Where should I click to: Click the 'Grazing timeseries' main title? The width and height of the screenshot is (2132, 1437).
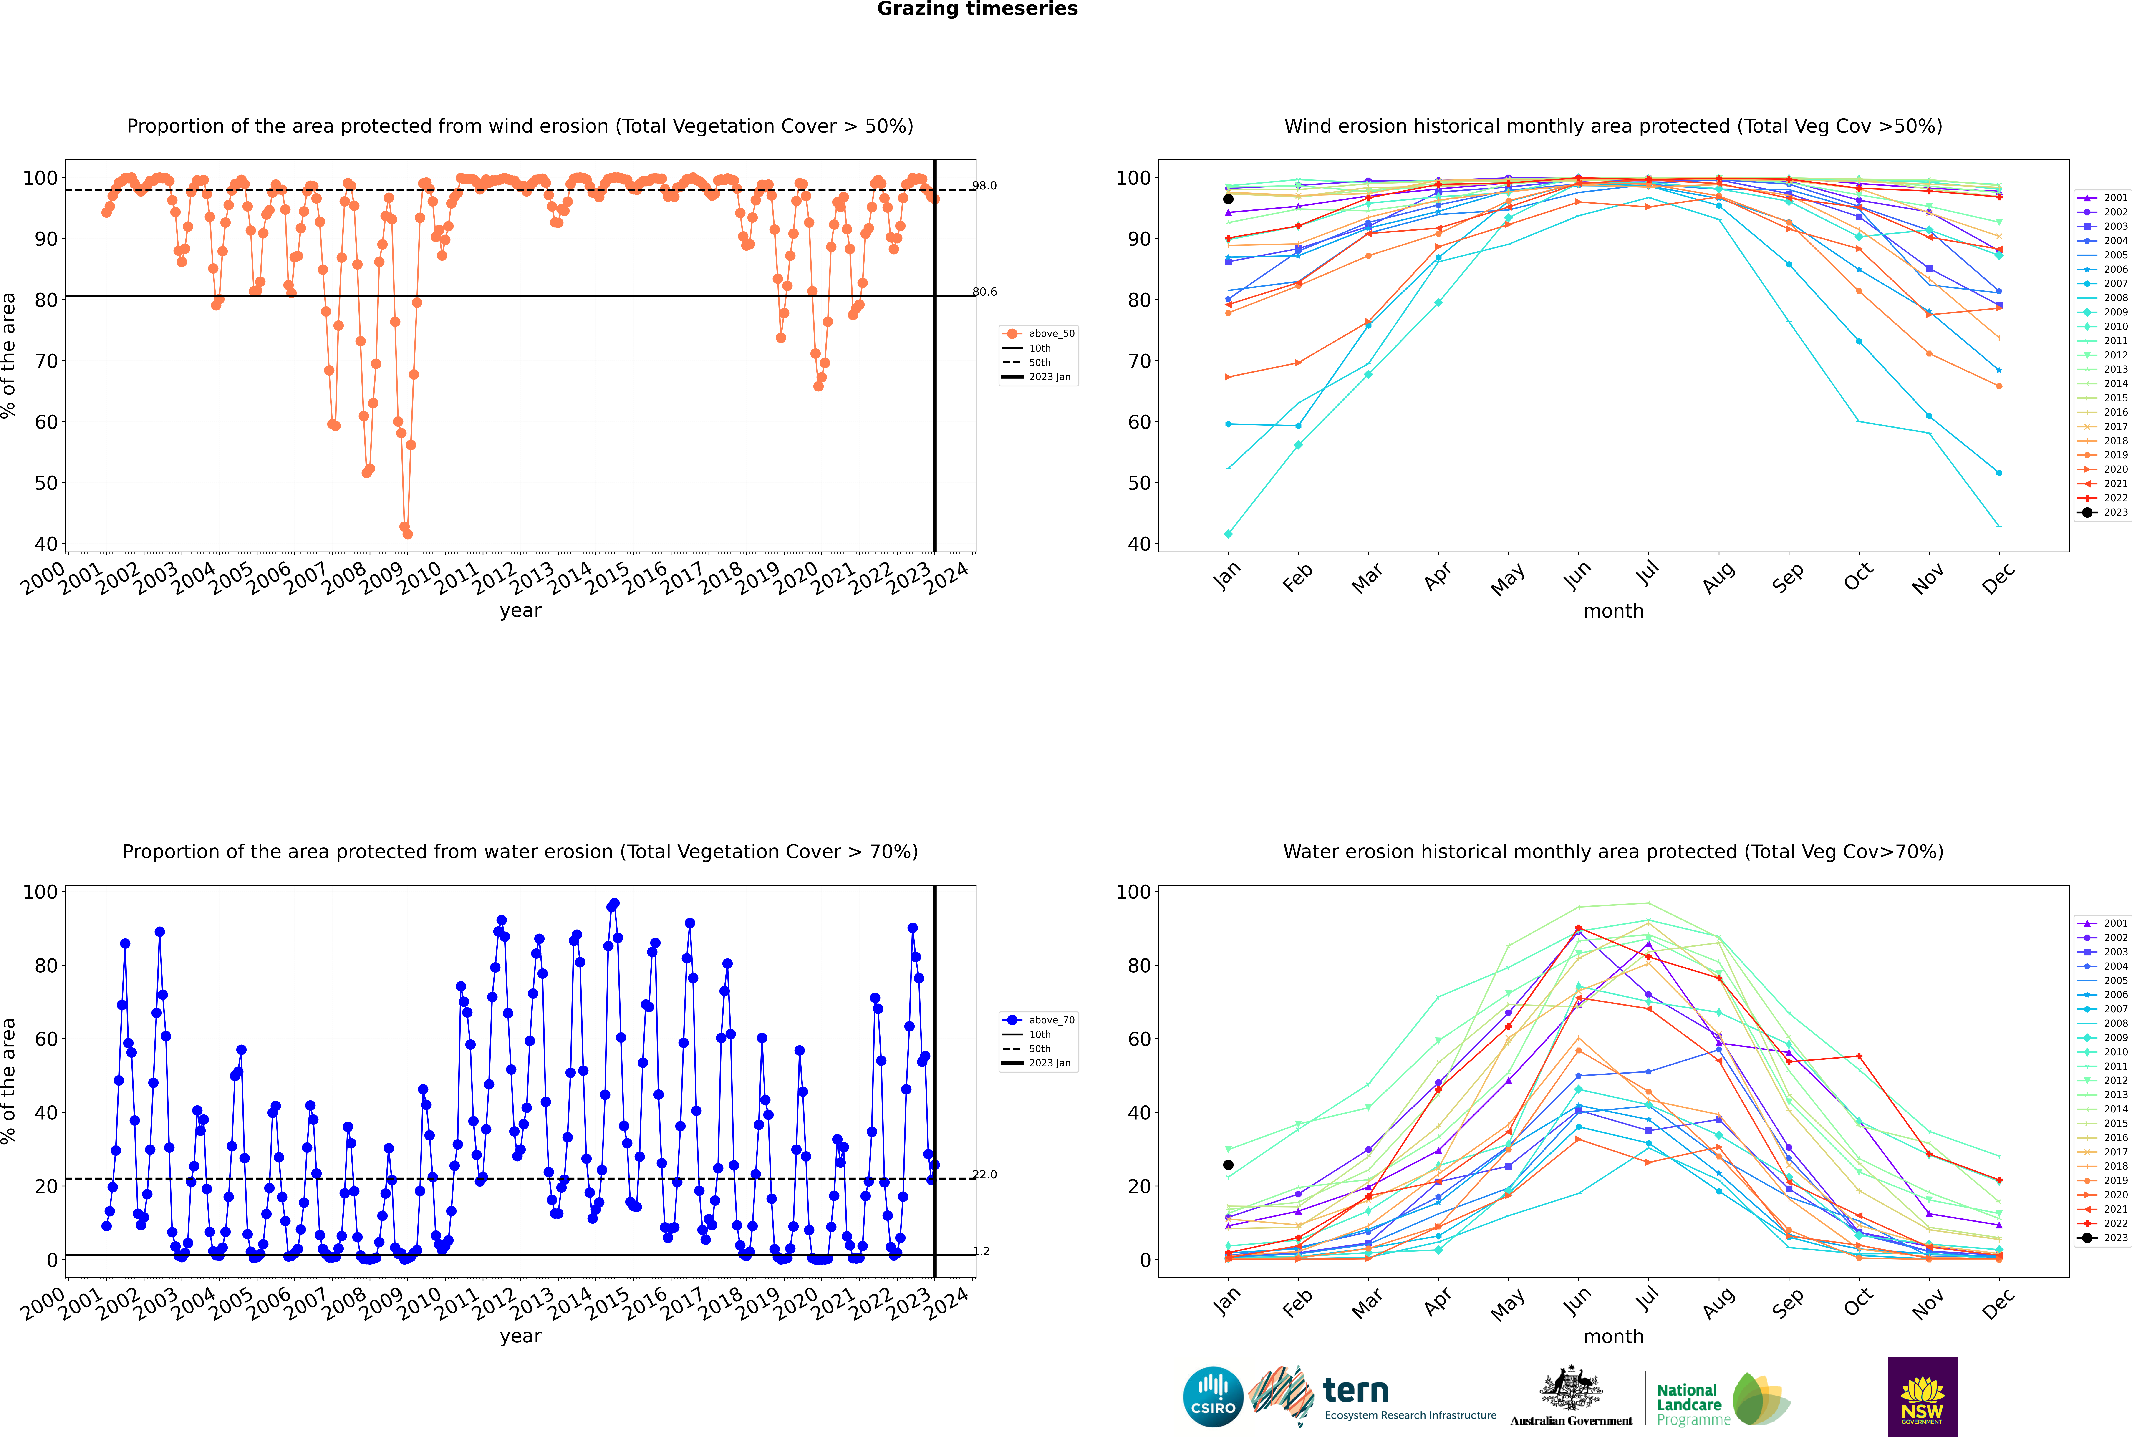pos(977,9)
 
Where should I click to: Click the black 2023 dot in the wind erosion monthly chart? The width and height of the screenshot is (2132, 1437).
pos(1228,199)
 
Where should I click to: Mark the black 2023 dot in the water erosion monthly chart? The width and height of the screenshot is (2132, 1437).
pos(1228,1165)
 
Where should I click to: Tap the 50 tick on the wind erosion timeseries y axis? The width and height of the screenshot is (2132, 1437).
pos(46,483)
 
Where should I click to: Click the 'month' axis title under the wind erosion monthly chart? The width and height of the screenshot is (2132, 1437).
pos(1613,611)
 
